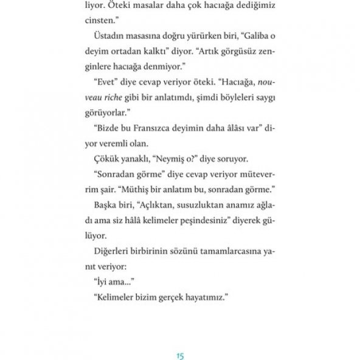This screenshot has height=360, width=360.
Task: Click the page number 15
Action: [180, 339]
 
